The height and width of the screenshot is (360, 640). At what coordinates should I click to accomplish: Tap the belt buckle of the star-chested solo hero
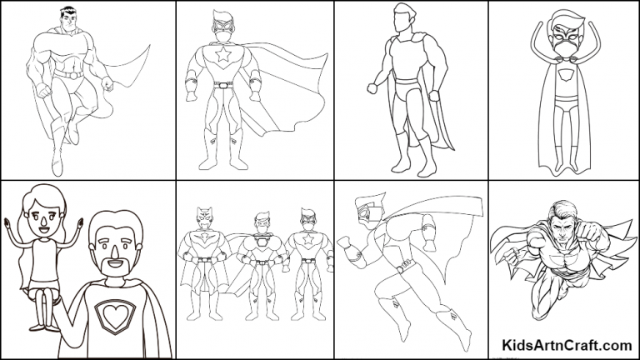pyautogui.click(x=223, y=84)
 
